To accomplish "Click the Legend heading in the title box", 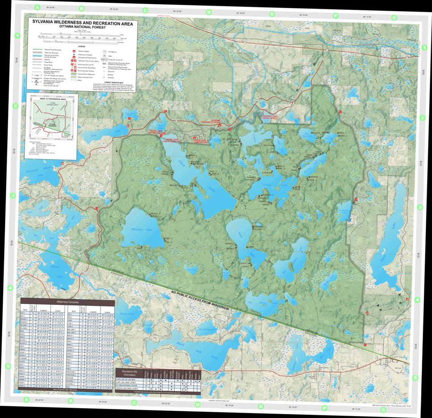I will click(x=82, y=46).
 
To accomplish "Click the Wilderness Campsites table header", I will click(x=67, y=302).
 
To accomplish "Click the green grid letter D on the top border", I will click(x=208, y=13).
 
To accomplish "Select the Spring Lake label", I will click(x=127, y=314).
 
